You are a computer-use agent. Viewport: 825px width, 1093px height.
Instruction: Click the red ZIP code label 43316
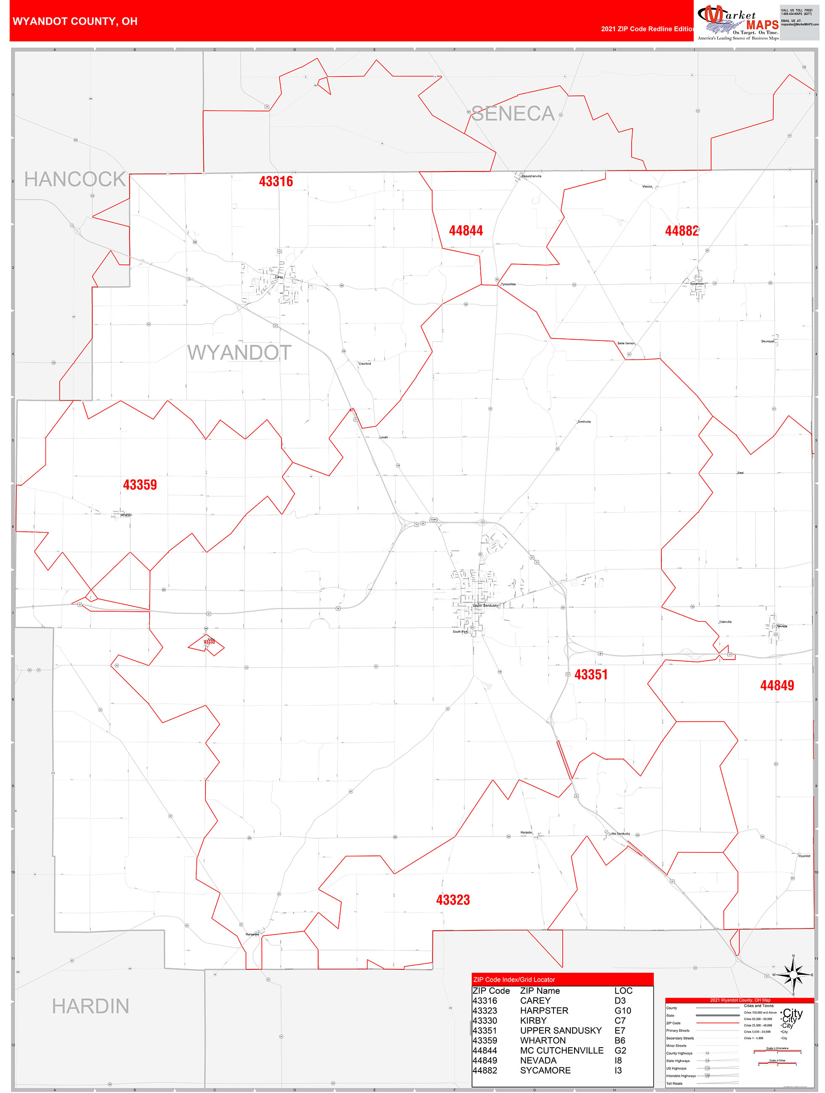[x=276, y=181]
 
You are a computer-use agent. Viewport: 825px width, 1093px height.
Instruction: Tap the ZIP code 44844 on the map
[x=465, y=230]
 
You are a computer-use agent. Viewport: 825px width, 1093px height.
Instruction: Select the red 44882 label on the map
[x=681, y=231]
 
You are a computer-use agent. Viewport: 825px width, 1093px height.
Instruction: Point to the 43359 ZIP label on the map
[x=140, y=484]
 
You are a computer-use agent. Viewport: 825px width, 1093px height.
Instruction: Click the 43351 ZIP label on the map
[x=591, y=674]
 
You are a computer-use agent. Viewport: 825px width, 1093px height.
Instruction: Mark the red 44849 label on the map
[x=777, y=685]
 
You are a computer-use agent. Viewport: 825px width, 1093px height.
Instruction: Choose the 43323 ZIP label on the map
[x=453, y=900]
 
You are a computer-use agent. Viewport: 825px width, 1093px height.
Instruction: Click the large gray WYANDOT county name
[x=239, y=352]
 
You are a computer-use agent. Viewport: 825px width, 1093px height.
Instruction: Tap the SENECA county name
[x=513, y=114]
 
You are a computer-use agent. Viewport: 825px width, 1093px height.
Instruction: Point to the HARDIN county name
[x=90, y=1006]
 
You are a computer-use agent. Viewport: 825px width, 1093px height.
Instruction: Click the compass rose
[x=793, y=975]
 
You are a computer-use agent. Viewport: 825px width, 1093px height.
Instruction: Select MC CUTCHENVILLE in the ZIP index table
[x=561, y=1051]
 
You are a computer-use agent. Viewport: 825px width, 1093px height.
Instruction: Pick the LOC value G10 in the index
[x=622, y=1011]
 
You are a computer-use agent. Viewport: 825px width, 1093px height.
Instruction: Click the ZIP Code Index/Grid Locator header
[x=514, y=979]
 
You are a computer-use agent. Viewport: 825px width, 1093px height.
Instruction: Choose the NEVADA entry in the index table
[x=538, y=1060]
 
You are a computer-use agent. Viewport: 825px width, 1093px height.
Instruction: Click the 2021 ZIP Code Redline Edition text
[x=647, y=29]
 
